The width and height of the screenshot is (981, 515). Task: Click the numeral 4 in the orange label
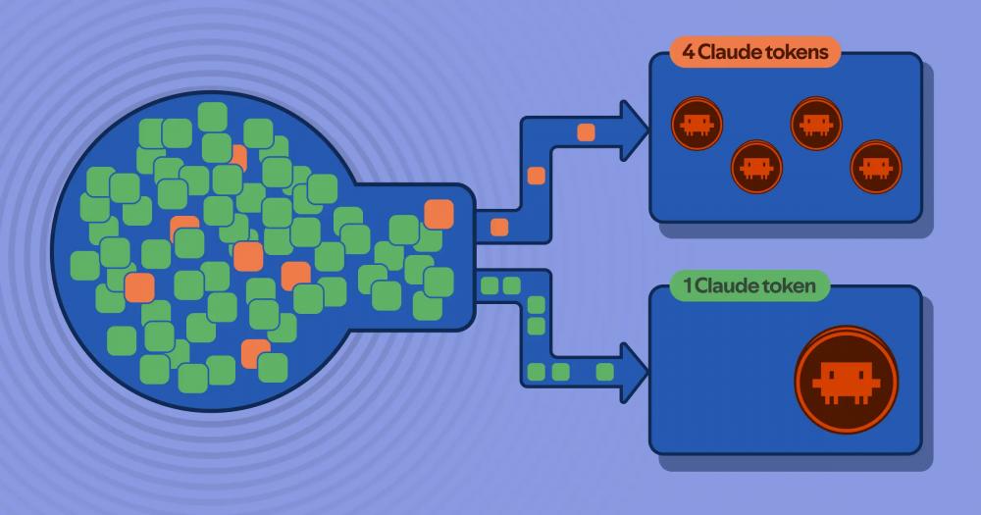coord(689,52)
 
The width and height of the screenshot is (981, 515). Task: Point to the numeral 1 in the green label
coord(688,286)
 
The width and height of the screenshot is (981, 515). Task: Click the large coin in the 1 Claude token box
coord(846,380)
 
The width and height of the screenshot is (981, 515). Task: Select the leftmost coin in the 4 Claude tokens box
coord(697,124)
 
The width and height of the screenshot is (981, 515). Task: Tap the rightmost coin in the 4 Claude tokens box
coord(876,167)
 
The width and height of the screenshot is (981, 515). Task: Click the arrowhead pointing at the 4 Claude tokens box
coord(633,130)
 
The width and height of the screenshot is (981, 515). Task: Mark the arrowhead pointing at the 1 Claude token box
coord(633,373)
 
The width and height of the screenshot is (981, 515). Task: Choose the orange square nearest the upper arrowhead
coord(587,132)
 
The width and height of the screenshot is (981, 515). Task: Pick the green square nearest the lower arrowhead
coord(605,373)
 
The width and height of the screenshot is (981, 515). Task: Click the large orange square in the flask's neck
coord(439,214)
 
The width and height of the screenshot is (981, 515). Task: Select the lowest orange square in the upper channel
coord(499,228)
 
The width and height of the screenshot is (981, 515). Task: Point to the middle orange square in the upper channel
coord(537,176)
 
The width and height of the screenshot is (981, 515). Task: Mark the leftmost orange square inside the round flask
coord(139,287)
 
